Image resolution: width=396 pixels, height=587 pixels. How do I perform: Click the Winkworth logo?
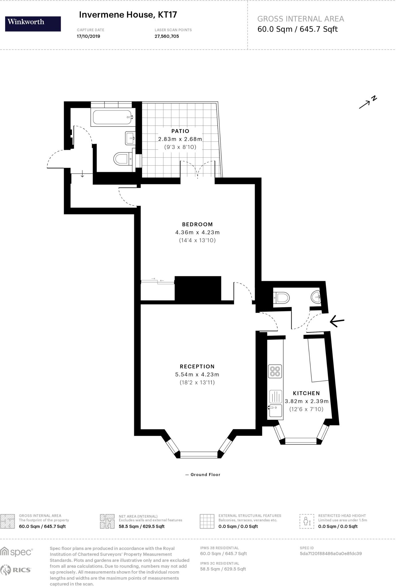[x=33, y=24]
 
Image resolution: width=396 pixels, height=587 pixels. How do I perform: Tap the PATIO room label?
[x=180, y=131]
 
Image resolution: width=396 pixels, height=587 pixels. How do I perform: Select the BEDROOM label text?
[x=197, y=224]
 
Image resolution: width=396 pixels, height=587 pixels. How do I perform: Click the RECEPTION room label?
[x=197, y=366]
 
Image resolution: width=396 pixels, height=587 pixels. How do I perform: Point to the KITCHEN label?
[x=306, y=393]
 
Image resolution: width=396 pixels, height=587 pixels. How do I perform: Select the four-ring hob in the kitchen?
[x=275, y=371]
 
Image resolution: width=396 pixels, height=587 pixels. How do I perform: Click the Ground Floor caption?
[x=203, y=474]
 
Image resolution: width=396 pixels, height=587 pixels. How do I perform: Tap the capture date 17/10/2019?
[x=88, y=36]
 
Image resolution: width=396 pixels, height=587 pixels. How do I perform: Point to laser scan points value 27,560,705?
[x=167, y=36]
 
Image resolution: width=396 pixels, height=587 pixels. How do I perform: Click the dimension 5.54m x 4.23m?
[x=197, y=374]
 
